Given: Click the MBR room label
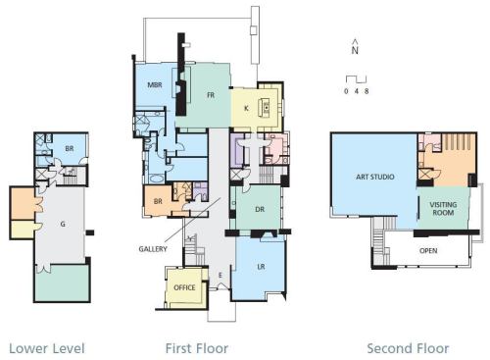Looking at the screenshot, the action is [155, 85].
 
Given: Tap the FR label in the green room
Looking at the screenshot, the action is [211, 95].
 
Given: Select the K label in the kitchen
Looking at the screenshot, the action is [246, 108].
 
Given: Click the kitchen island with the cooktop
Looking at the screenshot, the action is [265, 108].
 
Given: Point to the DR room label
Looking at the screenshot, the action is [260, 209].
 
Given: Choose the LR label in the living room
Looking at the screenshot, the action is [261, 267].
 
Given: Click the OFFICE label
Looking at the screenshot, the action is [184, 287].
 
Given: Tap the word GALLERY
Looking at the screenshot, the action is [153, 249].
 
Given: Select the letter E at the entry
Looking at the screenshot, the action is [220, 276].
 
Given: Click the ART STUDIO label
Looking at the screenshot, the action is [375, 177].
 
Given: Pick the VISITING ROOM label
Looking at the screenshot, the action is [443, 209].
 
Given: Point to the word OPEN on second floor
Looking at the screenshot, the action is [428, 251].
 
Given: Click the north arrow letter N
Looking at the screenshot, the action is [355, 50].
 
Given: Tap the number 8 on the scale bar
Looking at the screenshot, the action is [367, 91].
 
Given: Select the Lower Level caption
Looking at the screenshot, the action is [47, 348].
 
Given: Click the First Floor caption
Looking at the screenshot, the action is [197, 348].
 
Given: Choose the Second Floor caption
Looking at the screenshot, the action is [408, 348].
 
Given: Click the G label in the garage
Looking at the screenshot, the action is [63, 224].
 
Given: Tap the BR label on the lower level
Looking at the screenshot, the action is [70, 149].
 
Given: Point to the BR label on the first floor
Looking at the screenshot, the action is [158, 201].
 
